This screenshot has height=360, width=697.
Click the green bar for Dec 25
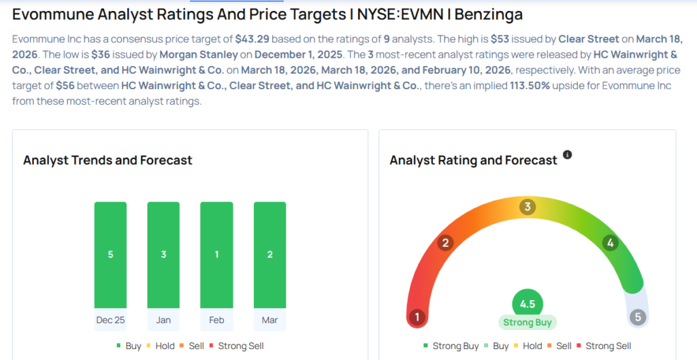pyautogui.click(x=110, y=255)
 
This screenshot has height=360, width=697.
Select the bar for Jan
pyautogui.click(x=163, y=255)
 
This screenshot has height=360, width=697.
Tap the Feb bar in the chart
pyautogui.click(x=216, y=255)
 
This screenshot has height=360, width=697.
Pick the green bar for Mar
pyautogui.click(x=270, y=255)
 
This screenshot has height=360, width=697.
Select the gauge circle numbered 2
pyautogui.click(x=446, y=243)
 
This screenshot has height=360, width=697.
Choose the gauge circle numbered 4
pyautogui.click(x=611, y=243)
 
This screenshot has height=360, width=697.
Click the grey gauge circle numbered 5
pyautogui.click(x=637, y=317)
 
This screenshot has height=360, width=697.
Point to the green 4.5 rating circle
pyautogui.click(x=528, y=304)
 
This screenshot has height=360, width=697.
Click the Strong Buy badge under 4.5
pyautogui.click(x=528, y=323)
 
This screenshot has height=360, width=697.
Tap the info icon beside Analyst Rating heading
pyautogui.click(x=568, y=156)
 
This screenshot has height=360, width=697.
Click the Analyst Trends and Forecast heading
pyautogui.click(x=108, y=161)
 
